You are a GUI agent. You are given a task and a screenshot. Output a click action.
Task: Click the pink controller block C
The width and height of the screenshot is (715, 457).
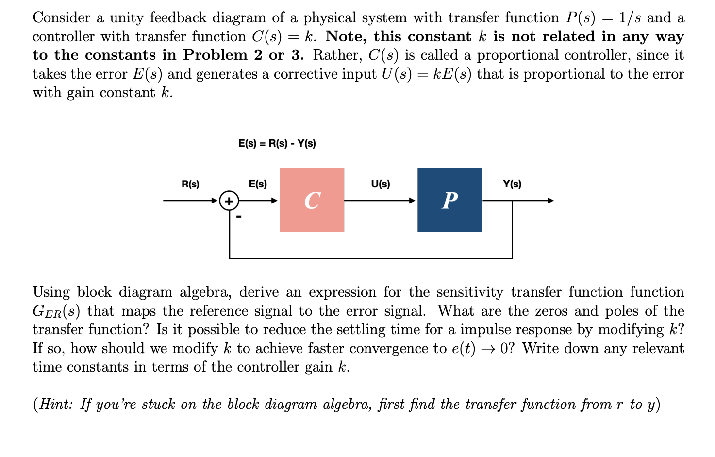pos(312,200)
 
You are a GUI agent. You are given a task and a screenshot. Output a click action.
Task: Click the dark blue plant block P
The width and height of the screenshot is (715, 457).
pos(449,200)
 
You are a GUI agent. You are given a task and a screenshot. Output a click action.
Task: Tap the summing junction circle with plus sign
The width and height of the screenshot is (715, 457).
pos(229,201)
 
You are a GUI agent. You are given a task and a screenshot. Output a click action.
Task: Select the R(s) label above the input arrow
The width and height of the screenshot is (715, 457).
pos(190,184)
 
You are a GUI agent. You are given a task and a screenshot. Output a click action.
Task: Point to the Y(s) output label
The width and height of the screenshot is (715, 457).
pos(512,184)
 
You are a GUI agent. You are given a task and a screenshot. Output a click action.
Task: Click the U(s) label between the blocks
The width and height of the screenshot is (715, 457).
pos(380,184)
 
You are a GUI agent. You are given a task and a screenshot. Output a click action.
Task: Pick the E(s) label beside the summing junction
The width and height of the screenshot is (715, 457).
pos(258,184)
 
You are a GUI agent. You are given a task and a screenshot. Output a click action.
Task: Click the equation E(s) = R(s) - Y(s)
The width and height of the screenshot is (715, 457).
pos(277,143)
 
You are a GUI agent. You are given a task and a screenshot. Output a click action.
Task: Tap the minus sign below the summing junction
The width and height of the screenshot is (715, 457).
pos(238,217)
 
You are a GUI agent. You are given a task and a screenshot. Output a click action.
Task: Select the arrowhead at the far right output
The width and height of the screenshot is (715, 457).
pos(550,201)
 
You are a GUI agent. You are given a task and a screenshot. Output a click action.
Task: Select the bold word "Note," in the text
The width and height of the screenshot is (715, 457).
pos(346,37)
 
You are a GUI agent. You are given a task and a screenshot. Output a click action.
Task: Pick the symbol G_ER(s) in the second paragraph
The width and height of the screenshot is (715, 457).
pos(56,311)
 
